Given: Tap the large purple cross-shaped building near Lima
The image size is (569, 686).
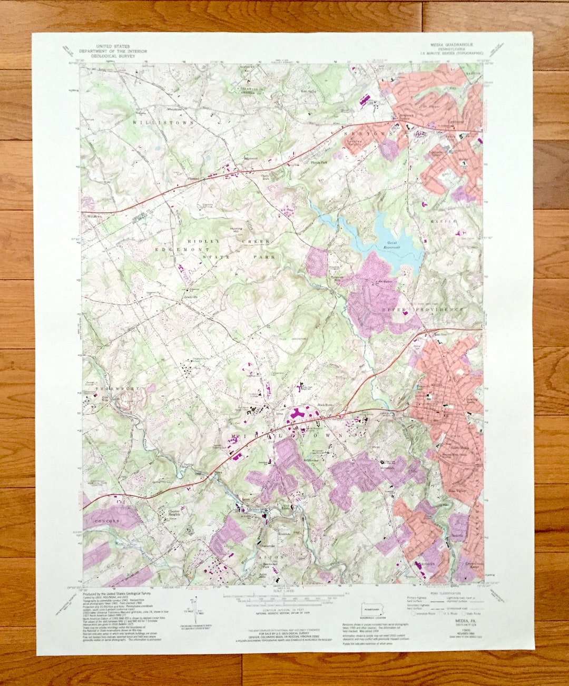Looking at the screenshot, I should (299, 415).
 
